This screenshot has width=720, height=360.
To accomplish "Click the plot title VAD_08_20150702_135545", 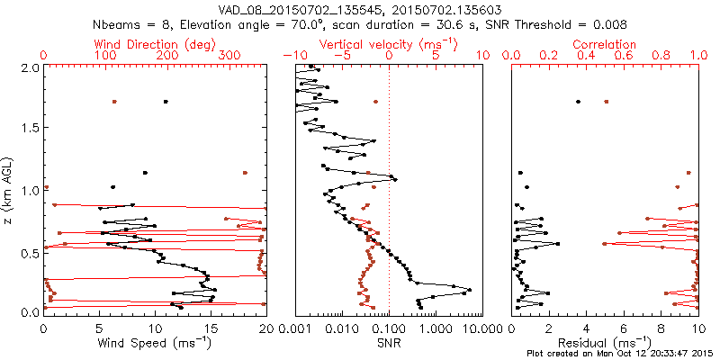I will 297,9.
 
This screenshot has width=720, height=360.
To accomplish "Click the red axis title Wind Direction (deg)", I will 156,43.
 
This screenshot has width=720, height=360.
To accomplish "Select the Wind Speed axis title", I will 155,343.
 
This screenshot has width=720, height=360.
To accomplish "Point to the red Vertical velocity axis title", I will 389,43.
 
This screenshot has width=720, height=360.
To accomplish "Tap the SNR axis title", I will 389,343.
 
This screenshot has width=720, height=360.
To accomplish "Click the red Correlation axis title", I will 606,43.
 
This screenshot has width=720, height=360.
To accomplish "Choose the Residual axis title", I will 605,343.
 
